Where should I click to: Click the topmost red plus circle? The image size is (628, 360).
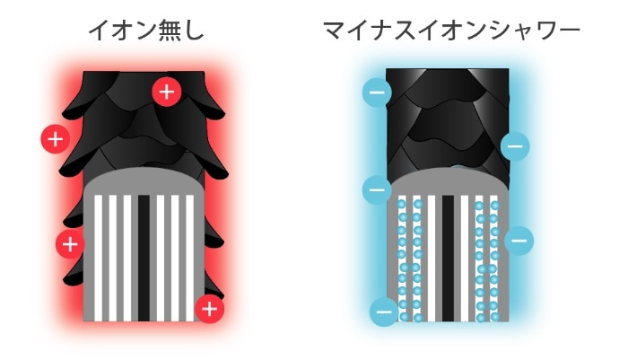coord(167,92)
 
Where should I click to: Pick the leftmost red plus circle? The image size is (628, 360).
coord(56,139)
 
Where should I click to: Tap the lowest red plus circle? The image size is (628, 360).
coord(209,309)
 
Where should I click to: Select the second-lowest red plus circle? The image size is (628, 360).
coord(70,244)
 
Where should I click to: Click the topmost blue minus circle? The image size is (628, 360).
coord(377,92)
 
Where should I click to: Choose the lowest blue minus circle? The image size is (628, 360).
coord(385,312)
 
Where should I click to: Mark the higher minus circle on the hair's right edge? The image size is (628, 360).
coord(515,146)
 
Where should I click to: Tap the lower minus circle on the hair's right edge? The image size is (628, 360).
coord(519,241)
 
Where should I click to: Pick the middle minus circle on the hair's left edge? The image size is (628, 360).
coord(377,189)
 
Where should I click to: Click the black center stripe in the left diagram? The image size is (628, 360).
coord(144,259)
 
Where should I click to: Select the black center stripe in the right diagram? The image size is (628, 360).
coord(449,259)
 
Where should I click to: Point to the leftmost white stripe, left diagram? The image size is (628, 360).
coord(98,259)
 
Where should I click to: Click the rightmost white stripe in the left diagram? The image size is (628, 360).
coord(190,259)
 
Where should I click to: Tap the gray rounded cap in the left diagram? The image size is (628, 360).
coord(144,181)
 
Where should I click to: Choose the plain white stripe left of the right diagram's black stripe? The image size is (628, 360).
coord(432,259)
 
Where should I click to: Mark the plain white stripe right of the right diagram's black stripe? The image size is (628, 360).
coord(465,259)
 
